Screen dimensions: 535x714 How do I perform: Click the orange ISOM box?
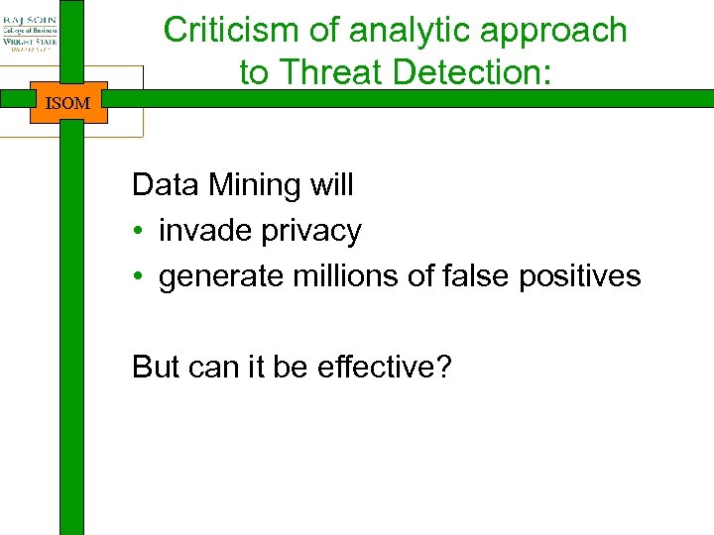pyautogui.click(x=67, y=103)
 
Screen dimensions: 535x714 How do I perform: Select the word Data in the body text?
pyautogui.click(x=162, y=185)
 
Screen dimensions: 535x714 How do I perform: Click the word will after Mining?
pyautogui.click(x=331, y=185)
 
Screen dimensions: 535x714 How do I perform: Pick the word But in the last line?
pyautogui.click(x=156, y=368)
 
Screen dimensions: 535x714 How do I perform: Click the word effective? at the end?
pyautogui.click(x=384, y=368)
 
